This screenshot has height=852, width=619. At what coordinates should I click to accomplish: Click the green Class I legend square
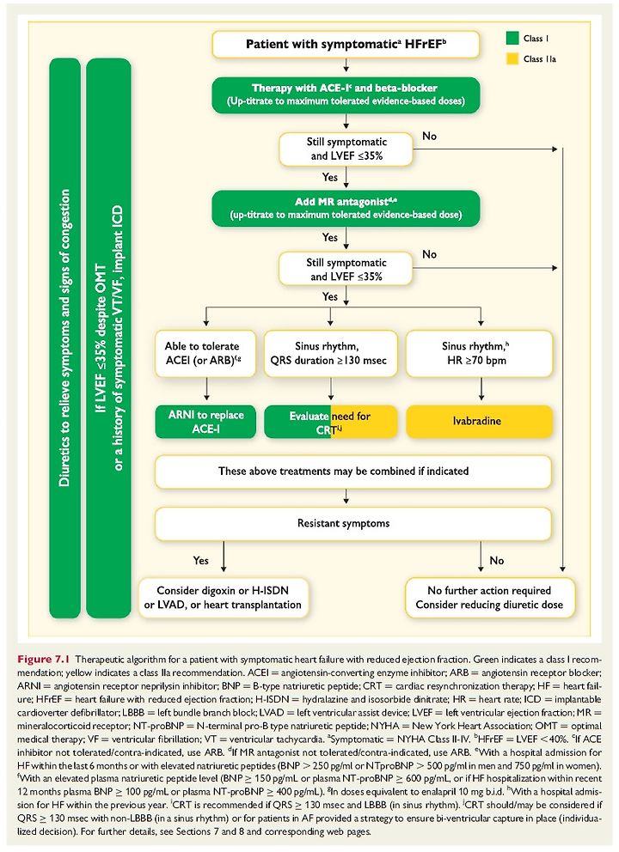[x=512, y=38]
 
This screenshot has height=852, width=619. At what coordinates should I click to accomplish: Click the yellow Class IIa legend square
[x=512, y=58]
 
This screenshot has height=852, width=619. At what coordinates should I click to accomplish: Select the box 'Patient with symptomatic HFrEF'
[x=346, y=44]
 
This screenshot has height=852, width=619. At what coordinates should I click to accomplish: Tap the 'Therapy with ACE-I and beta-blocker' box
[x=346, y=94]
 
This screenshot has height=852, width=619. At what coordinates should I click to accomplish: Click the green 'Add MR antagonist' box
[x=346, y=208]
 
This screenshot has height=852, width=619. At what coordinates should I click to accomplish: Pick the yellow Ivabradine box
[x=479, y=421]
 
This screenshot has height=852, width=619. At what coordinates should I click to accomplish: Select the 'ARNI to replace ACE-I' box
[x=205, y=422]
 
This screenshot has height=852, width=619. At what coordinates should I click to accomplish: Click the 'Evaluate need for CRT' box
[x=331, y=422]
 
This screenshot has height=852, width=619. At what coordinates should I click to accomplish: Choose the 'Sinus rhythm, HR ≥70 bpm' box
[x=479, y=353]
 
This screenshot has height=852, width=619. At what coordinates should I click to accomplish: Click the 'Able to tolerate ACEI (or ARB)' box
[x=205, y=353]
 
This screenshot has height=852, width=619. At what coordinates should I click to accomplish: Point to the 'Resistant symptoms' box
[x=353, y=523]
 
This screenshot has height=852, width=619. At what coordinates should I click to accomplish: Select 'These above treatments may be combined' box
[x=353, y=472]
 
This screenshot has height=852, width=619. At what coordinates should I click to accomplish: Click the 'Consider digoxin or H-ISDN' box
[x=224, y=598]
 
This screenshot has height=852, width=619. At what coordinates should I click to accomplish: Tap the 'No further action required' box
[x=489, y=598]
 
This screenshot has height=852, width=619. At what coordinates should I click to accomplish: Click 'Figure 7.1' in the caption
[x=44, y=659]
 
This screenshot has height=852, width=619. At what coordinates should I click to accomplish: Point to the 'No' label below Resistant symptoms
[x=497, y=560]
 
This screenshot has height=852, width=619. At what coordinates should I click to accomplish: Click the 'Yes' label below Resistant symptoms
[x=200, y=560]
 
